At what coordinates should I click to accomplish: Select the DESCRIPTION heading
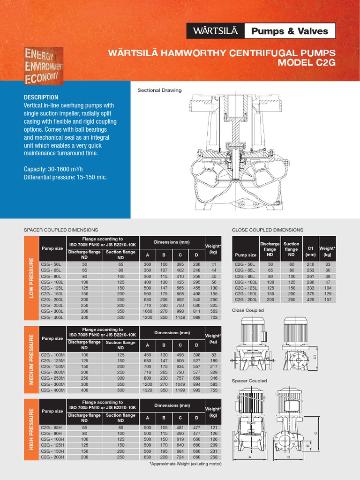[41, 97]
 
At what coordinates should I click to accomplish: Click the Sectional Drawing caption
[159, 90]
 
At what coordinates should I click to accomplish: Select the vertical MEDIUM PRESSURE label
[31, 359]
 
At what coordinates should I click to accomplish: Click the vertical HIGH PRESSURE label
[31, 429]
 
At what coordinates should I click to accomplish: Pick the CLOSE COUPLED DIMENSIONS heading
[268, 230]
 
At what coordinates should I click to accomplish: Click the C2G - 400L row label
[52, 317]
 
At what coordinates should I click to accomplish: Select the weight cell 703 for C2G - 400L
[214, 317]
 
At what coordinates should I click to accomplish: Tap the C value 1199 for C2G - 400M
[180, 390]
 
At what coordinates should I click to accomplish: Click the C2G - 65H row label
[51, 427]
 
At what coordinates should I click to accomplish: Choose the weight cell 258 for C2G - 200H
[214, 457]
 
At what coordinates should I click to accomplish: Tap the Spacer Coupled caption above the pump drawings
[249, 381]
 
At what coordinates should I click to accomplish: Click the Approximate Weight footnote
[185, 464]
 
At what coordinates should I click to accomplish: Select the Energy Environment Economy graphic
[44, 66]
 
